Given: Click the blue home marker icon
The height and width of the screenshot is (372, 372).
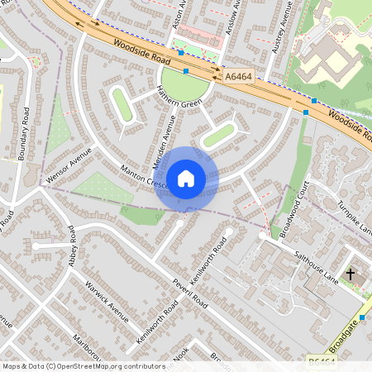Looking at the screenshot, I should point(186,179).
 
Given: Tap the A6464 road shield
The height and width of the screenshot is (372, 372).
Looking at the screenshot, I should point(238,77).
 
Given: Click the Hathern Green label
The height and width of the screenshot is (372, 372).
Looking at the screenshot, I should point(182,103).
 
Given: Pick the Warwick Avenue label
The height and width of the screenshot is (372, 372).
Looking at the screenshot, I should point(107,301).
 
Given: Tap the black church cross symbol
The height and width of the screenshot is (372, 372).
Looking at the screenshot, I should point(350,274).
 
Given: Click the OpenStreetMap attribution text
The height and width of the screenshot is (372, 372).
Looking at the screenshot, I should point(83,366).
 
